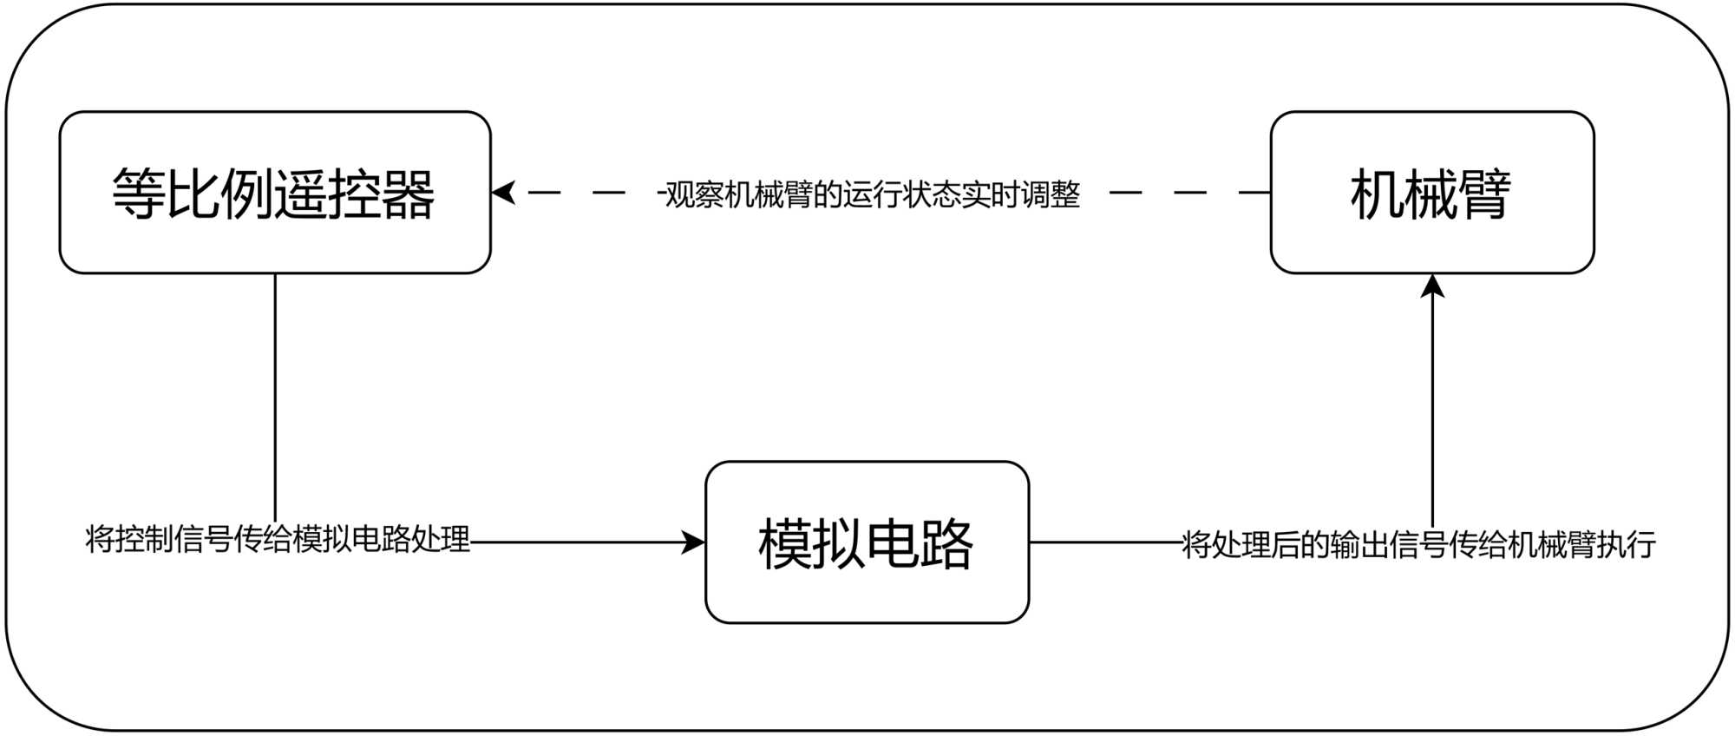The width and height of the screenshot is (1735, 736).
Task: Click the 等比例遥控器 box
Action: tap(274, 193)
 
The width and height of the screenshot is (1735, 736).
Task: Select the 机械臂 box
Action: tap(1431, 193)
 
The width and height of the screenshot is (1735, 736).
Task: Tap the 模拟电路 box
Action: tap(867, 542)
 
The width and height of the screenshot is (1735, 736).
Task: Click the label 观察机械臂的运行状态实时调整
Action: tap(871, 194)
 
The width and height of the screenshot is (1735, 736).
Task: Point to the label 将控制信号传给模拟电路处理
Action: tap(278, 540)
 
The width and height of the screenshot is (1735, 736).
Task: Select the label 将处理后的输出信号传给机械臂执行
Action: tap(1419, 545)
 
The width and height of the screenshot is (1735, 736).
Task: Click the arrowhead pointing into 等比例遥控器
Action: tap(503, 193)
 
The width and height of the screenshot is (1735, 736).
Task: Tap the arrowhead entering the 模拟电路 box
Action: tap(694, 542)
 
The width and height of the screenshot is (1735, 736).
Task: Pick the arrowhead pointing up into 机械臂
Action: tap(1432, 286)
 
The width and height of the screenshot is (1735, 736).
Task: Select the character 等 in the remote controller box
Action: tap(138, 194)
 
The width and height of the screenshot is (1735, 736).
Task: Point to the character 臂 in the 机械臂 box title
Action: tap(1484, 194)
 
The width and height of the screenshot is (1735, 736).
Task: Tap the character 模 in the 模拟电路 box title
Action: tap(785, 544)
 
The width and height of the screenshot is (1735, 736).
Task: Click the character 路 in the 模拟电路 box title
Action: tap(946, 544)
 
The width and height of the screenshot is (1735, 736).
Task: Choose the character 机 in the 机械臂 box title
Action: tap(1377, 194)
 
